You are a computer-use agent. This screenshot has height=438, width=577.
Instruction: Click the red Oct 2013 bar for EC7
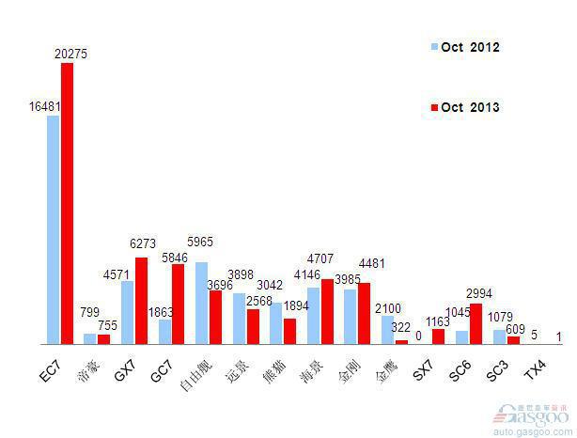[67, 203]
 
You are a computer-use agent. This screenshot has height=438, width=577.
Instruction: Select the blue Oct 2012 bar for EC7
[54, 229]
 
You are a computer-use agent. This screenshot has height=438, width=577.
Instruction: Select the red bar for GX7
[141, 301]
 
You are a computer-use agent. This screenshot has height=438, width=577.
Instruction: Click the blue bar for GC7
[165, 332]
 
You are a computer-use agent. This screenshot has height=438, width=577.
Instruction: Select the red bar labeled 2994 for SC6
[476, 323]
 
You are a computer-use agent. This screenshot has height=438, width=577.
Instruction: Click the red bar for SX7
[438, 336]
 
